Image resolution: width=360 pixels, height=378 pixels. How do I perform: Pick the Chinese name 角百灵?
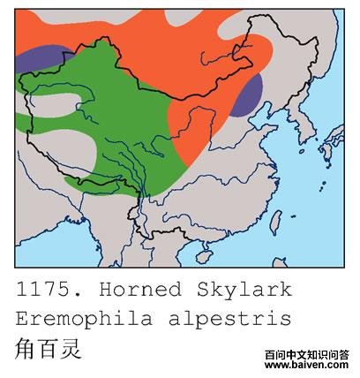tap(48, 348)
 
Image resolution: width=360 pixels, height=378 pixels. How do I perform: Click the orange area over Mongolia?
tap(176, 44)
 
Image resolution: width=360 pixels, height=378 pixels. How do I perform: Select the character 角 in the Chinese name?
tap(26, 348)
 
